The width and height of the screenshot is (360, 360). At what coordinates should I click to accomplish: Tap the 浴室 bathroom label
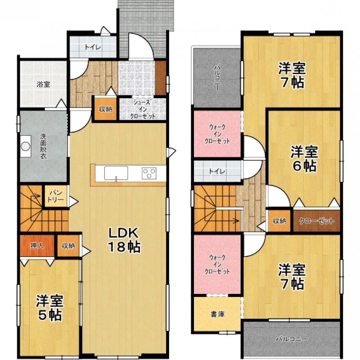43,85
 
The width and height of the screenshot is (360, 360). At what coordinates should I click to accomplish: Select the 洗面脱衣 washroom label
43,146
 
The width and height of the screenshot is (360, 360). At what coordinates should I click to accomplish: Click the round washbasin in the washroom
26,146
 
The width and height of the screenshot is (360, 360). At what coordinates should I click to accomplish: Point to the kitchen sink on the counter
116,173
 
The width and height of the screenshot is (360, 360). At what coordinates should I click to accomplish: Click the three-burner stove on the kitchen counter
149,173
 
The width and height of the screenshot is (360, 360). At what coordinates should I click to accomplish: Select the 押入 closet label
37,246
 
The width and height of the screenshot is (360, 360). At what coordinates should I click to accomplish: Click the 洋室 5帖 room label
49,307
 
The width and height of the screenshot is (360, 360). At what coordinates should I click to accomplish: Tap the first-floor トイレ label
93,48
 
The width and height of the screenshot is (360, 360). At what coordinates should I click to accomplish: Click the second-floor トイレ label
217,171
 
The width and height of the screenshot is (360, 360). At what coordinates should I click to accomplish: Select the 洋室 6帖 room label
304,159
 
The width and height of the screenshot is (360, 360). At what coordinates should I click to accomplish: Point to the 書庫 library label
217,314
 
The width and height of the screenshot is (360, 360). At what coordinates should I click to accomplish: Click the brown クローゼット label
316,221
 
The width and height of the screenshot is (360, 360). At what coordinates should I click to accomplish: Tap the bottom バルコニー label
292,339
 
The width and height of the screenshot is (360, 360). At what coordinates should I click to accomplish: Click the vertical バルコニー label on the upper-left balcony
217,77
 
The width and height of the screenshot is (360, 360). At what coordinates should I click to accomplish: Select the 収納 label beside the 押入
68,246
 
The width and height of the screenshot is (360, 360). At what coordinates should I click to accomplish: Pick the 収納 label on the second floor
279,221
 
